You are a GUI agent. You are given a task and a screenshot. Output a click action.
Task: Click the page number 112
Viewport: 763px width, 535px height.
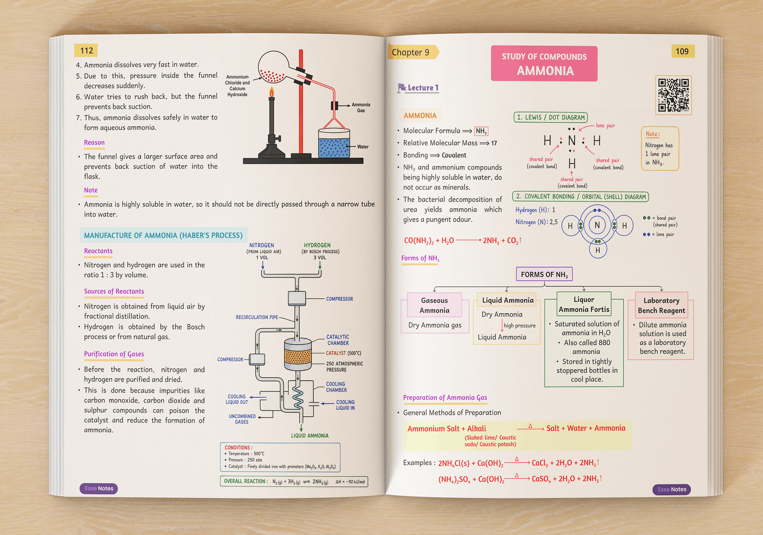(86, 51)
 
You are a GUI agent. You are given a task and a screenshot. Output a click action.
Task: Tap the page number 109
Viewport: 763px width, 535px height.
(682, 51)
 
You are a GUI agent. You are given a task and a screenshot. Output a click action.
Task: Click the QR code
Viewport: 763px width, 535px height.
(673, 95)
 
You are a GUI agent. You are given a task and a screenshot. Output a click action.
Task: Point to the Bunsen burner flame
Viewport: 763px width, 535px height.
(271, 92)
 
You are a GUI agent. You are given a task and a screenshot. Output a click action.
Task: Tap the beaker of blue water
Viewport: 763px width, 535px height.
(334, 143)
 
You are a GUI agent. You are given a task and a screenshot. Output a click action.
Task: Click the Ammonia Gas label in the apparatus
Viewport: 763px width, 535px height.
(361, 108)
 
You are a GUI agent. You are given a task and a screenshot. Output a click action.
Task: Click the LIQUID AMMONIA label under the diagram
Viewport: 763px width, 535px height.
(309, 435)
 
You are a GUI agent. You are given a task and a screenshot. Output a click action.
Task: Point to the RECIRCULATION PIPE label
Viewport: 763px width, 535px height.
(257, 317)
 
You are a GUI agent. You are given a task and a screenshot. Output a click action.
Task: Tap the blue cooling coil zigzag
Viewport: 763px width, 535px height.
(298, 397)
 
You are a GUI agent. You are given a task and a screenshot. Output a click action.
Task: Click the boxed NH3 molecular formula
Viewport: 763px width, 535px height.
(481, 131)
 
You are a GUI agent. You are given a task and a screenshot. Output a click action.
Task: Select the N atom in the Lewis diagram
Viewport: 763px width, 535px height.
(572, 141)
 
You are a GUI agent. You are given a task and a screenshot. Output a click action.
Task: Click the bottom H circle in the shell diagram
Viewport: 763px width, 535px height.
(598, 250)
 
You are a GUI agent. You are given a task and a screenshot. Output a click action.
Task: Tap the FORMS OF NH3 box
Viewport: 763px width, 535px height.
(544, 274)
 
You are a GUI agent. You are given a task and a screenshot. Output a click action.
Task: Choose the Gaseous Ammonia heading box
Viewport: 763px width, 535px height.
(434, 305)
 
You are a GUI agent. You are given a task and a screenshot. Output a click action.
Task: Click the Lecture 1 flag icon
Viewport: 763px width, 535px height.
(402, 88)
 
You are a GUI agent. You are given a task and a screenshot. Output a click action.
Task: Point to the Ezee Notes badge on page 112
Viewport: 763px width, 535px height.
(99, 488)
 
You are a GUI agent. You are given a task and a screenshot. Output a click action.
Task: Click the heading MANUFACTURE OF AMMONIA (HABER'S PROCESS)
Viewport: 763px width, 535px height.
(164, 236)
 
